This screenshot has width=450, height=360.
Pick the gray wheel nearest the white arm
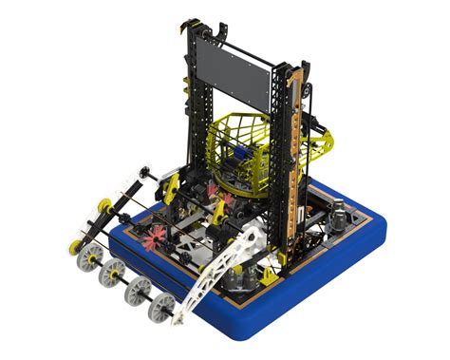point(161,306)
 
